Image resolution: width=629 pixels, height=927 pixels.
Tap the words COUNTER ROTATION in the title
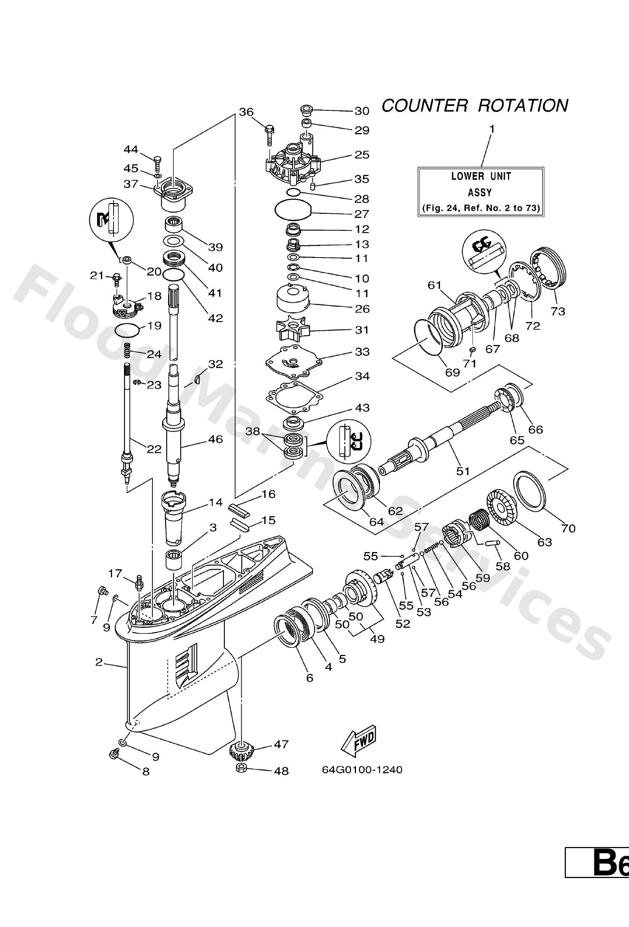(x=475, y=106)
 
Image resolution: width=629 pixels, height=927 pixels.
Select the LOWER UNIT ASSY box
(x=481, y=192)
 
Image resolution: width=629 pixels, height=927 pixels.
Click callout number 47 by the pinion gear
(x=281, y=744)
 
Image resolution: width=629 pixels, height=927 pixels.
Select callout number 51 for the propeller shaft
(x=463, y=471)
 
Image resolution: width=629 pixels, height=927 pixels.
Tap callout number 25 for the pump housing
(x=362, y=155)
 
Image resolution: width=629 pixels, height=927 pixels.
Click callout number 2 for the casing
(x=99, y=662)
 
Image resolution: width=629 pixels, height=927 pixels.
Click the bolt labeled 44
(x=157, y=162)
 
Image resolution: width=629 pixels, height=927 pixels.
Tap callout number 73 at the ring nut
(x=558, y=311)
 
